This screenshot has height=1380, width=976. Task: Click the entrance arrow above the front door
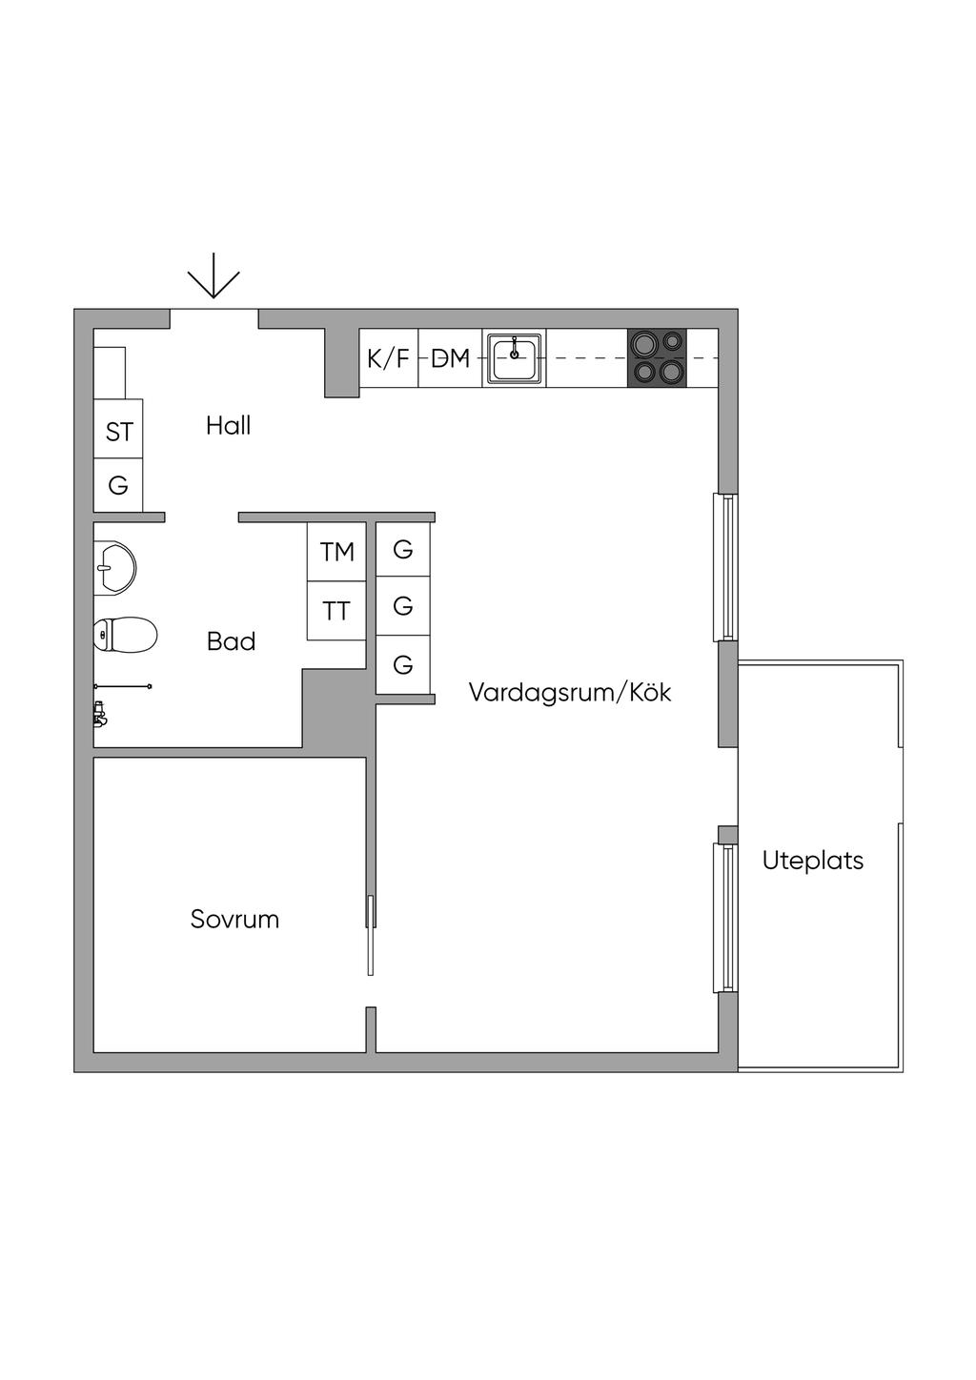pyautogui.click(x=213, y=276)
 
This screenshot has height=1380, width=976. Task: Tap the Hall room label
pyautogui.click(x=229, y=426)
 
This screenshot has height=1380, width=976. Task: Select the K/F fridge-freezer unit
pyautogui.click(x=388, y=358)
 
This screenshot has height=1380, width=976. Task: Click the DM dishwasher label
pyautogui.click(x=451, y=358)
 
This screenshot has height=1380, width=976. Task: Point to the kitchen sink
pyautogui.click(x=515, y=358)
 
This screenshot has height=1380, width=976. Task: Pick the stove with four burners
pyautogui.click(x=657, y=357)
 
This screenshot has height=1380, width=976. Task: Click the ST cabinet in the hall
pyautogui.click(x=118, y=432)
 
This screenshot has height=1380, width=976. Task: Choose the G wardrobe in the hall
pyautogui.click(x=118, y=486)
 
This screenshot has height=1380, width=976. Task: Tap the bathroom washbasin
pyautogui.click(x=113, y=569)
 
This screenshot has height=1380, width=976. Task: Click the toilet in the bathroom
pyautogui.click(x=125, y=635)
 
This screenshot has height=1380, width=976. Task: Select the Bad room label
pyautogui.click(x=232, y=641)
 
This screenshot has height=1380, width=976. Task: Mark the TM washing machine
pyautogui.click(x=336, y=552)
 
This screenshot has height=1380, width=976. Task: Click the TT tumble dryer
pyautogui.click(x=336, y=611)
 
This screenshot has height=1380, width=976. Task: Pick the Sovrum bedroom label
pyautogui.click(x=234, y=920)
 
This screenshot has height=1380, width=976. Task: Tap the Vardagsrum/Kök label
pyautogui.click(x=570, y=693)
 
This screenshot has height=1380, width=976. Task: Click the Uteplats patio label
pyautogui.click(x=813, y=861)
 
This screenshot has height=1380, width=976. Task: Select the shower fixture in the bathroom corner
pyautogui.click(x=99, y=712)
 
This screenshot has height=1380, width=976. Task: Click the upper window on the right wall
pyautogui.click(x=726, y=567)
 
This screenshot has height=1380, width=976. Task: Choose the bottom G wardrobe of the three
pyautogui.click(x=403, y=665)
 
